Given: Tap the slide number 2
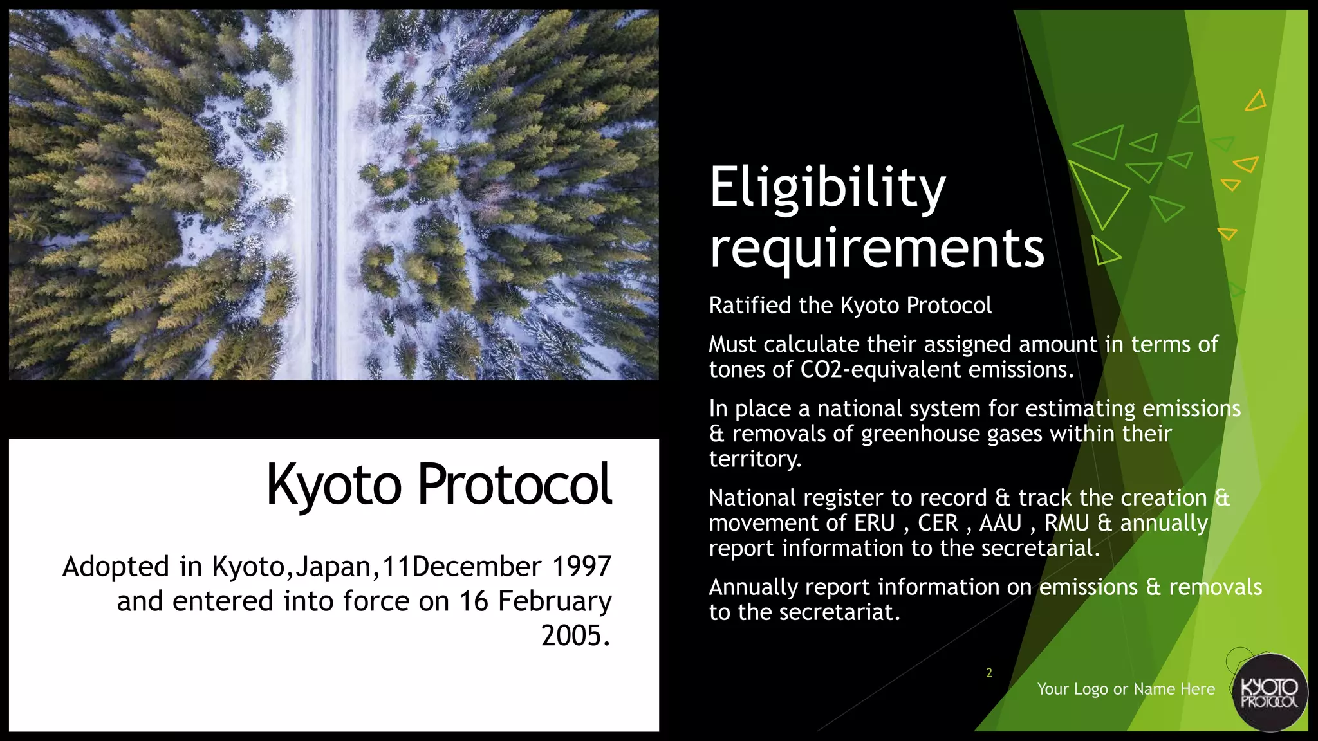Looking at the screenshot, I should point(989,673).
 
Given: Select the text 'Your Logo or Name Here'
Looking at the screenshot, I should point(1126,689).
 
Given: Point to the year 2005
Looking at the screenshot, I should point(575,636).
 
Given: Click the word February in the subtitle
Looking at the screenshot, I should point(554,601).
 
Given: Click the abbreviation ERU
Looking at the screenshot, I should point(875,523).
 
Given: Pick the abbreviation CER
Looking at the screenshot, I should point(938,523).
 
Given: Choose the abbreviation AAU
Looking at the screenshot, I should point(1000,523).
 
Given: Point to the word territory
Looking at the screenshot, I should point(755,459).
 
